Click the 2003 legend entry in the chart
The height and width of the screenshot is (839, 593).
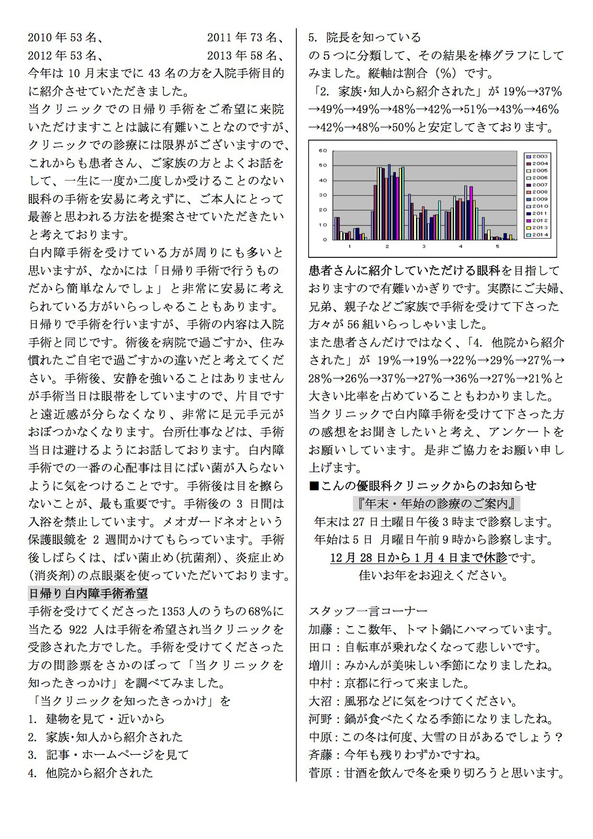coord(537,156)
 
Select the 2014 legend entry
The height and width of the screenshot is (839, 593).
coord(537,235)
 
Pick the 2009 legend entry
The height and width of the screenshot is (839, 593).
coord(537,199)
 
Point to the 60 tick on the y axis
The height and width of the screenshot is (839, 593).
coord(323,151)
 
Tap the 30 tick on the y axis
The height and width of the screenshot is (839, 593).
coord(323,195)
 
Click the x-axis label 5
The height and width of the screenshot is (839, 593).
coord(498,246)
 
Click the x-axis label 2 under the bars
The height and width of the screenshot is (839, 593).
coord(387,246)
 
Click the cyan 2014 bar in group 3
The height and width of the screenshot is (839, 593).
coord(439,220)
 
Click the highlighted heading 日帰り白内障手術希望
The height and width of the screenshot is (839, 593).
coord(88,594)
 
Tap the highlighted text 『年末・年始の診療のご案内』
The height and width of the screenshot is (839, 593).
coord(436,504)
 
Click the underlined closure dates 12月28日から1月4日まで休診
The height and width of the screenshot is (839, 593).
coord(418,558)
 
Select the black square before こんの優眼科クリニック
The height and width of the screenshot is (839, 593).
coord(314,486)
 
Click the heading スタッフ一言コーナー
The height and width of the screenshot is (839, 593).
coord(368,611)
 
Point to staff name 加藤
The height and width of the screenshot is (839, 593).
coord(320,629)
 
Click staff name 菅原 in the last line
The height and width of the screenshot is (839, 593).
coord(320,773)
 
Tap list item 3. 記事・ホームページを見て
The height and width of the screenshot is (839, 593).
coord(109,755)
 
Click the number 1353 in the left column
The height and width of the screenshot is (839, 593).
coord(174,612)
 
